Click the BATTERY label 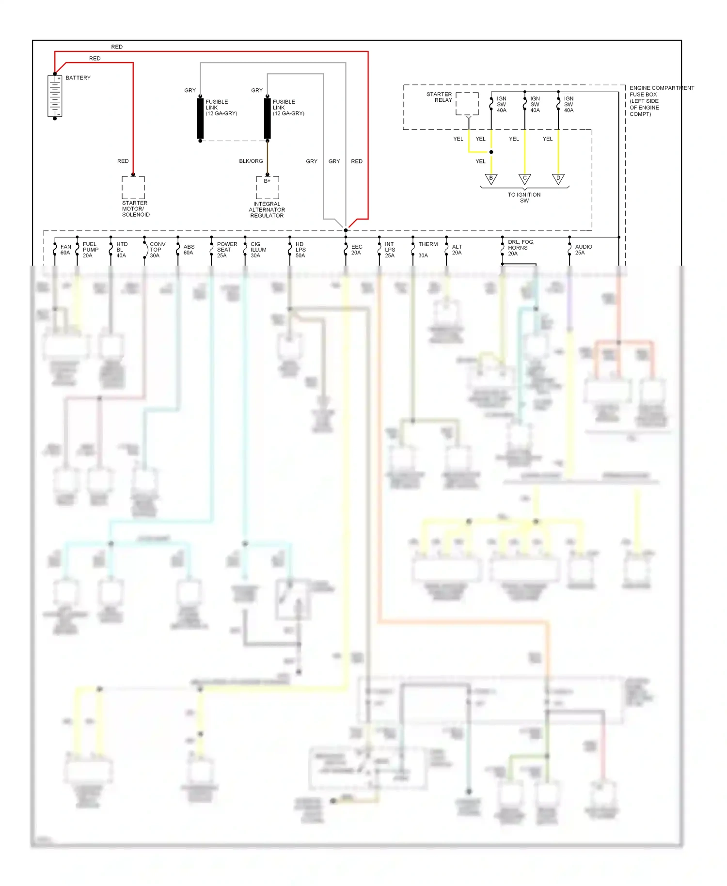pos(78,78)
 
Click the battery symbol pos(55,96)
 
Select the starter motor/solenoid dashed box pos(133,187)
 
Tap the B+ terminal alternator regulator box pos(268,187)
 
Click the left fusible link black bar pos(200,118)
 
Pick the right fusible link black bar pos(268,118)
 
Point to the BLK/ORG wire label pos(251,161)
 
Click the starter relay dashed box pos(467,104)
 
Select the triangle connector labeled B pos(491,179)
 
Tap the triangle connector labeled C pos(524,179)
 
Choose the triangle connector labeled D pos(558,179)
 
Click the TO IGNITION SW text pos(524,197)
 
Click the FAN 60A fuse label pos(65,250)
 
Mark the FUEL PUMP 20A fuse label pos(90,250)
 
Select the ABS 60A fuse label pos(189,250)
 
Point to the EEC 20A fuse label pos(357,250)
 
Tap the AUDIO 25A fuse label pos(583,250)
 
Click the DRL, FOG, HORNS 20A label pos(521,248)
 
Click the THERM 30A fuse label pos(427,250)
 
